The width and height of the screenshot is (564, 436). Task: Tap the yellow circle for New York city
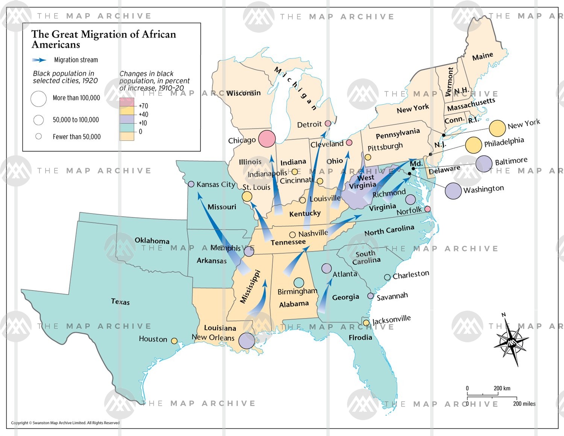point(497,128)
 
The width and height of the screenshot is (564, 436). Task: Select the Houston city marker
point(174,341)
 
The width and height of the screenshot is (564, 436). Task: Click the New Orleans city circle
point(247,341)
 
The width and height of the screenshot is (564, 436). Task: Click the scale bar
point(492,396)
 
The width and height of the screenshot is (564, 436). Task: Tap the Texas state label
point(120,302)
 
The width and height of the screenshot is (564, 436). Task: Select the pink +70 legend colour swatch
point(127,102)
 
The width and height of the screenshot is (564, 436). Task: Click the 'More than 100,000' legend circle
point(38,99)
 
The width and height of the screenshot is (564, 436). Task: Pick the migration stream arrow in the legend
point(39,60)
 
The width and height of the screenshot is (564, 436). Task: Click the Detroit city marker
point(328,123)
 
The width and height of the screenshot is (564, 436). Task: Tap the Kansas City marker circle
point(191,184)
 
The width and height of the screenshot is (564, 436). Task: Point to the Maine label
point(482,56)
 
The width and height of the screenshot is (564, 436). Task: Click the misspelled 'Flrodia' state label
point(360,337)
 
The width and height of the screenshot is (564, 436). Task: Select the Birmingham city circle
point(299,282)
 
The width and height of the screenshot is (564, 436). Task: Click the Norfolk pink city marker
point(428,209)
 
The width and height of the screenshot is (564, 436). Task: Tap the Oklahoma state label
point(152,240)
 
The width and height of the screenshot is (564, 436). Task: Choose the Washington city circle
point(453,191)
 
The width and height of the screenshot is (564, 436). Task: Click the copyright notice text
point(65,423)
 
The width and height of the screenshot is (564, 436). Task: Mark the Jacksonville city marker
point(366,323)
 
